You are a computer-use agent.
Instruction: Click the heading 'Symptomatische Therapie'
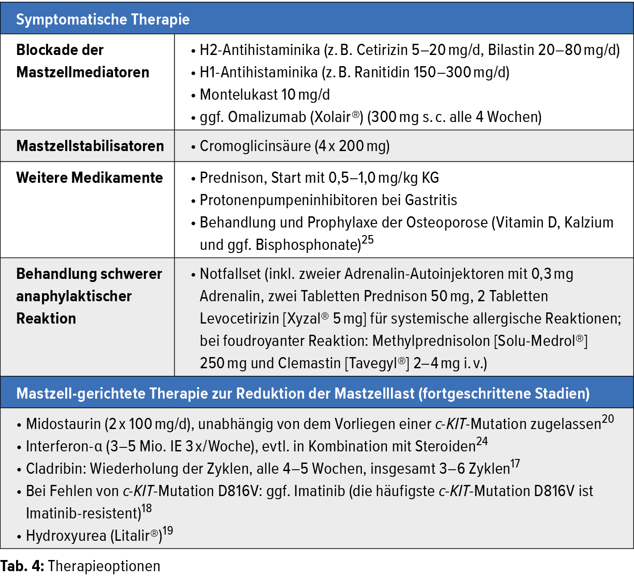[x=103, y=19]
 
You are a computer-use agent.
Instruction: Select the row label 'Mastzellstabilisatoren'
[x=90, y=146]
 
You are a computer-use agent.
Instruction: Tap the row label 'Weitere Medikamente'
[x=89, y=178]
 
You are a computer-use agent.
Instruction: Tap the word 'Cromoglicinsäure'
[x=255, y=146]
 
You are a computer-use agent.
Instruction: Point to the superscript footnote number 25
[x=368, y=240]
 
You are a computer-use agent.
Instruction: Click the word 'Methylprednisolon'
[x=431, y=341]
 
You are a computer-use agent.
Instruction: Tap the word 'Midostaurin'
[x=63, y=424]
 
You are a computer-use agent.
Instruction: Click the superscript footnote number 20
[x=608, y=419]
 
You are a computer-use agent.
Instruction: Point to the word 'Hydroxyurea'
[x=66, y=536]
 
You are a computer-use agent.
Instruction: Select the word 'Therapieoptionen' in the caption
[x=104, y=566]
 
